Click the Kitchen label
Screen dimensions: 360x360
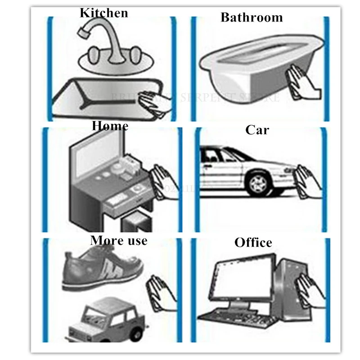tap(103, 12)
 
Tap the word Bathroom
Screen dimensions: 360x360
tap(252, 18)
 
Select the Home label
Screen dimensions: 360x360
tap(110, 126)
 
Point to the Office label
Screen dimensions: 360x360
tap(253, 243)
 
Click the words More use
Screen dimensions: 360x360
tap(119, 240)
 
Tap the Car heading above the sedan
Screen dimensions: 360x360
tap(257, 130)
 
